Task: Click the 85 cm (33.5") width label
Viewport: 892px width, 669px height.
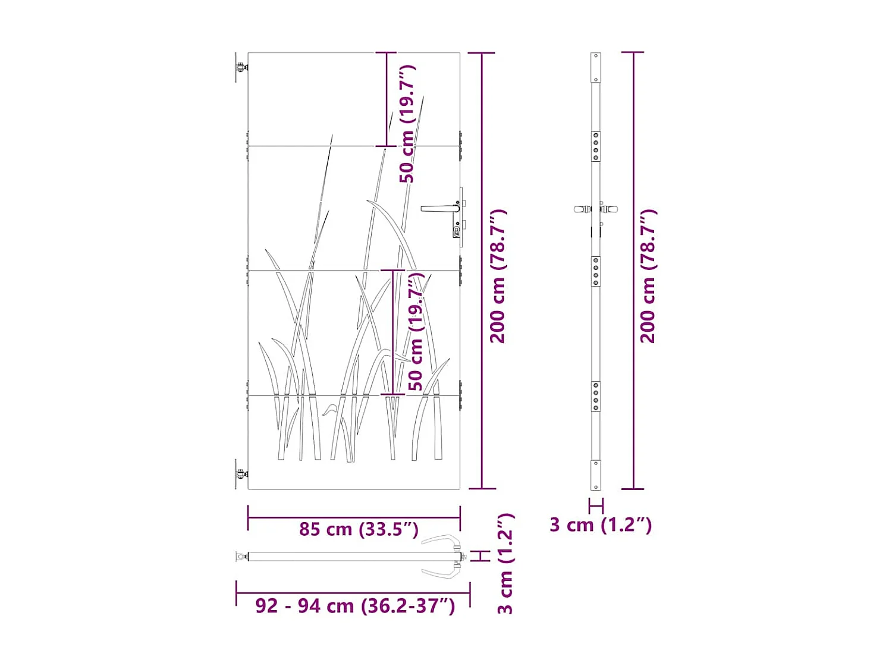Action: pyautogui.click(x=359, y=529)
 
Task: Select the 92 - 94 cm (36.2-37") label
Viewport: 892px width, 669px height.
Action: pyautogui.click(x=355, y=605)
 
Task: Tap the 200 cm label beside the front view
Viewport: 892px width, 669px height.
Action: pyautogui.click(x=498, y=276)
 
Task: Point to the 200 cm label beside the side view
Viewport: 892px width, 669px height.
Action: pyautogui.click(x=648, y=276)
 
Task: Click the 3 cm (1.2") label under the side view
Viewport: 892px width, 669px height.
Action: pyautogui.click(x=601, y=524)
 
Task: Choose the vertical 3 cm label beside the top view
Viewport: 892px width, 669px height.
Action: pyautogui.click(x=505, y=563)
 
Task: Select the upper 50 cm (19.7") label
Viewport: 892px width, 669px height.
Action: pyautogui.click(x=407, y=124)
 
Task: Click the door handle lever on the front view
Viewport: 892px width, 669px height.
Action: pyautogui.click(x=439, y=208)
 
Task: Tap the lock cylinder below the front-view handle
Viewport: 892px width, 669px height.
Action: pyautogui.click(x=457, y=231)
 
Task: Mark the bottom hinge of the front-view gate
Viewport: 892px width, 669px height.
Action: pyautogui.click(x=240, y=474)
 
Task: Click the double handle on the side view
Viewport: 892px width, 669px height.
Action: pyautogui.click(x=596, y=209)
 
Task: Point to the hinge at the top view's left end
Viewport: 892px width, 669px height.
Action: pyautogui.click(x=241, y=557)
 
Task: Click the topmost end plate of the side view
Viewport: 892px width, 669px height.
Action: pyautogui.click(x=596, y=67)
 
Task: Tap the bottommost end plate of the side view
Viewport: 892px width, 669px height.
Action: pyautogui.click(x=596, y=475)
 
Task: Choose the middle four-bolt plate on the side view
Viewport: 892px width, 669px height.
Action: pyautogui.click(x=596, y=272)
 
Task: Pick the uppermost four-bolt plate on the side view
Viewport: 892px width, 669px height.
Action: pyautogui.click(x=596, y=146)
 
